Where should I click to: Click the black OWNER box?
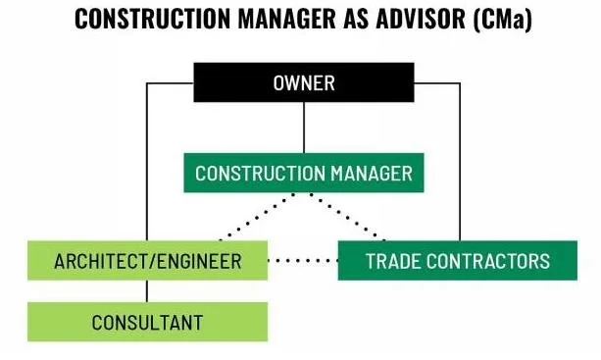[303, 82]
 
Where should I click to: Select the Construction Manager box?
[303, 174]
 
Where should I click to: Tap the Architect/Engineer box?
[147, 261]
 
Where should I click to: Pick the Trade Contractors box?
[457, 261]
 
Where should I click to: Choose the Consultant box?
[147, 321]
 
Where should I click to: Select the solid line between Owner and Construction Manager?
[303, 128]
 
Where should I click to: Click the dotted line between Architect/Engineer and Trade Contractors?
[303, 261]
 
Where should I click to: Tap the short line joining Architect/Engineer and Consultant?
[147, 291]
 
